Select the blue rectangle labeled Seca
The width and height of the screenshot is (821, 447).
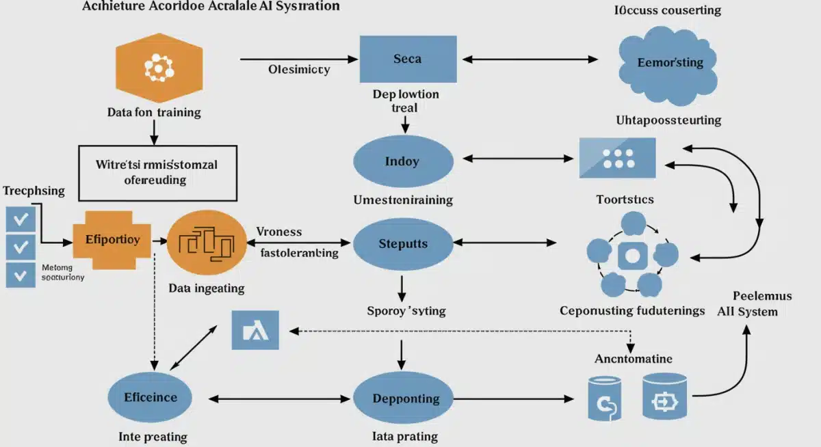pos(408,59)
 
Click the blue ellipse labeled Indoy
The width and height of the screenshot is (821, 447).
pos(403,162)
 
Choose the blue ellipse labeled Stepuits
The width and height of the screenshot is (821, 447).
pos(403,243)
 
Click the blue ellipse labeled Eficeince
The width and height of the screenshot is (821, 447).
pos(151,397)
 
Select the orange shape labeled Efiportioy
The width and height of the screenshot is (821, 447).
pos(113,240)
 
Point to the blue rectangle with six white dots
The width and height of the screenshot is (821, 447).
pos(617,158)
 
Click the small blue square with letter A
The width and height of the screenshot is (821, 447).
pos(255,331)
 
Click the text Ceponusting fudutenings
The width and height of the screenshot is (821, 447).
pos(632,310)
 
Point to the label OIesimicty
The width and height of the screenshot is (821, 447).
pos(299,69)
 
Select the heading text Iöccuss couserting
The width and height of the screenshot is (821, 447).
pos(666,10)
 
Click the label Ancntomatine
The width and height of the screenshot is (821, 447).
pos(634,358)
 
